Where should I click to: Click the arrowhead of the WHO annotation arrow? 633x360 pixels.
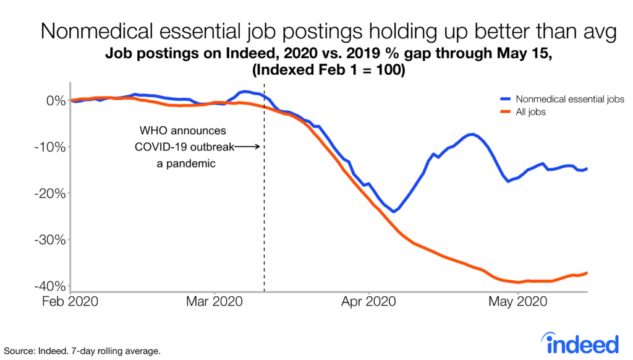tap(261, 147)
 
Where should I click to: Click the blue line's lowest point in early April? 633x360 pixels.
tap(393, 212)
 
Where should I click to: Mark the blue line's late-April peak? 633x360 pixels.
tap(472, 134)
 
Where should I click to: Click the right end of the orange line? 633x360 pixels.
tap(587, 273)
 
